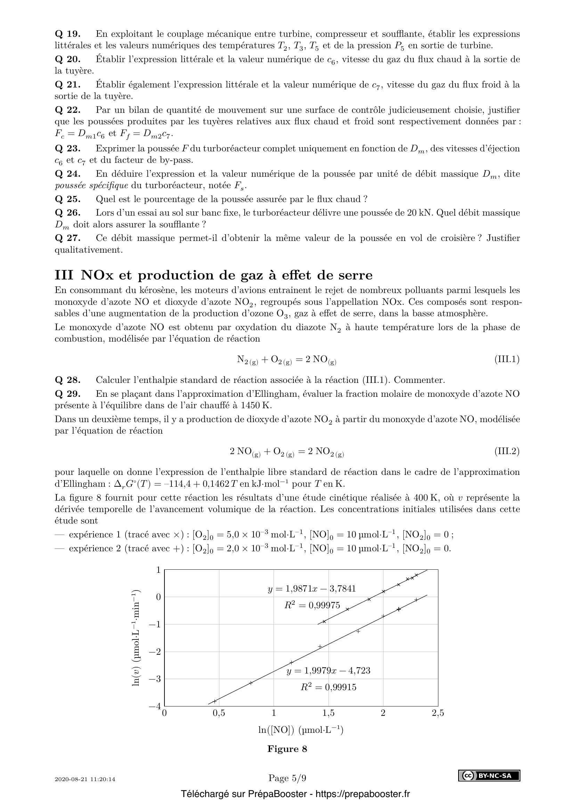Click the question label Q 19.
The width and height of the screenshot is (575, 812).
click(x=68, y=34)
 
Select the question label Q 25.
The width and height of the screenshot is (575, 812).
click(x=68, y=199)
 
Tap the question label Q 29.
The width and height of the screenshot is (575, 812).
click(x=68, y=394)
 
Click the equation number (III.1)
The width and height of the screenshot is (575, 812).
click(x=507, y=360)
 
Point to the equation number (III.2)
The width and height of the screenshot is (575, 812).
click(x=507, y=451)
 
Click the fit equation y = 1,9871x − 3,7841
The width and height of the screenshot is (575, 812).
click(x=311, y=588)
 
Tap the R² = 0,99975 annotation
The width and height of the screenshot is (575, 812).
click(x=312, y=605)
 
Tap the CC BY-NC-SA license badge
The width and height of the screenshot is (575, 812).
click(x=489, y=776)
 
